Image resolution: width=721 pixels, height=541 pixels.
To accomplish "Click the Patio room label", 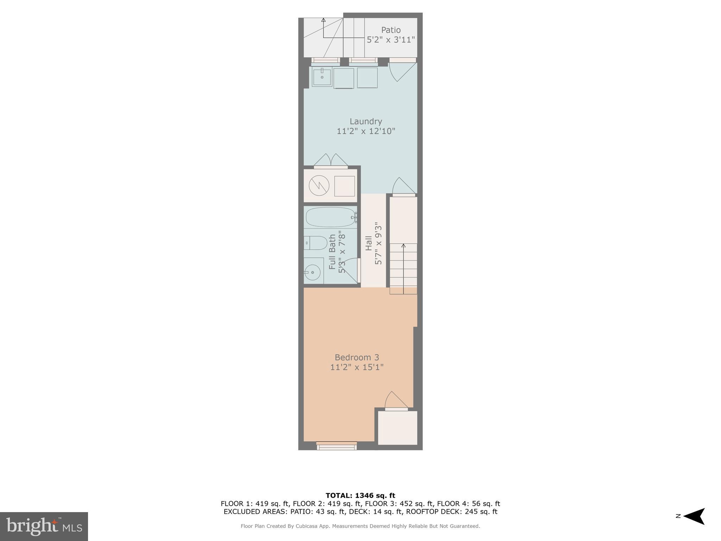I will (391, 30).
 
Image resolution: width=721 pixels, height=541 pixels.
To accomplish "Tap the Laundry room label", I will (366, 122).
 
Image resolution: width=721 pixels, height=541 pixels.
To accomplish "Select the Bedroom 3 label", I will (357, 357).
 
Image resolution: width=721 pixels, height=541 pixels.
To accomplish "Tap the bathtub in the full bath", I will (330, 217).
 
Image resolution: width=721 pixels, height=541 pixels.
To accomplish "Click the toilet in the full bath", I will (315, 243).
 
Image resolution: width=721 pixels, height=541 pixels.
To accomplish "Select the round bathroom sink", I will (313, 272).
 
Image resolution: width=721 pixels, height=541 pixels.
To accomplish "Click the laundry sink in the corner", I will (322, 77).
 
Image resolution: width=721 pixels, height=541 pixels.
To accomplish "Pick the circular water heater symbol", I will (319, 186).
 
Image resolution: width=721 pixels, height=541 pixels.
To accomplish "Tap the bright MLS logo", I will (44, 527).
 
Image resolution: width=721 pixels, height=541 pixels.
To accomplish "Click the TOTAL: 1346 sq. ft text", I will (360, 496).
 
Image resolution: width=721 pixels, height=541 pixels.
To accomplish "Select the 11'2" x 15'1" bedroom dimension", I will (357, 367).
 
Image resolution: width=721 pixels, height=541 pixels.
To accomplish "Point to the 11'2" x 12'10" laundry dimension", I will (366, 131).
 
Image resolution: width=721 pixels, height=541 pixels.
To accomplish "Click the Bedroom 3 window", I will (337, 446).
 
